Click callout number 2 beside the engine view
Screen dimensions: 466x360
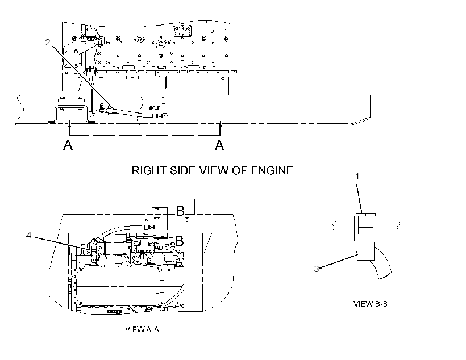(48, 43)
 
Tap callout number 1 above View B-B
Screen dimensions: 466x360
(357, 177)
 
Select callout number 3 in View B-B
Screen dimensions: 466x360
(317, 269)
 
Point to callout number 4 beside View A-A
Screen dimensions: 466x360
(28, 235)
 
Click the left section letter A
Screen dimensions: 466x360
(68, 145)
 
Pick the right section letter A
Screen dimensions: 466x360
(219, 145)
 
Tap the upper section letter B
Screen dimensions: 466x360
(180, 211)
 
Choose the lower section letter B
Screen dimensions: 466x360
(179, 241)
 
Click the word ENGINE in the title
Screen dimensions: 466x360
(272, 170)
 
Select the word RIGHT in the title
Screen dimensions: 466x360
(148, 170)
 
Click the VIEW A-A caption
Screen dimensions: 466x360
(142, 329)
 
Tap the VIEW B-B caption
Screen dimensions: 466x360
(371, 304)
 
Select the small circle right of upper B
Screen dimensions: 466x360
(187, 220)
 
